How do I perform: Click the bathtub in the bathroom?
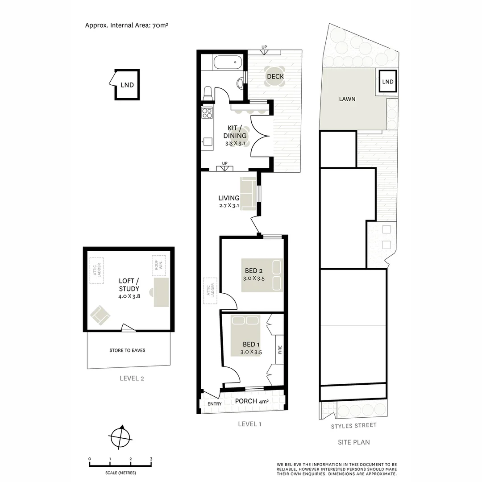228,62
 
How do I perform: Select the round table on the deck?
275,76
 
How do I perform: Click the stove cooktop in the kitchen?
207,112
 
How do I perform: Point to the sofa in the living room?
248,193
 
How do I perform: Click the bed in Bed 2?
262,275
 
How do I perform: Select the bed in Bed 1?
245,335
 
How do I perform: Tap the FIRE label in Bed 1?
280,350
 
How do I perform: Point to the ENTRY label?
215,404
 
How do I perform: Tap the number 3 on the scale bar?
151,459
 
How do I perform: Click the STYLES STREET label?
353,426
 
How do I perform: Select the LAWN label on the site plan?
347,99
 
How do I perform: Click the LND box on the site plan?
388,82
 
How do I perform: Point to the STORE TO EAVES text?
127,350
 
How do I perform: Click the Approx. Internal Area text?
126,25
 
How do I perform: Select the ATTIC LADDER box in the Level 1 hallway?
210,291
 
